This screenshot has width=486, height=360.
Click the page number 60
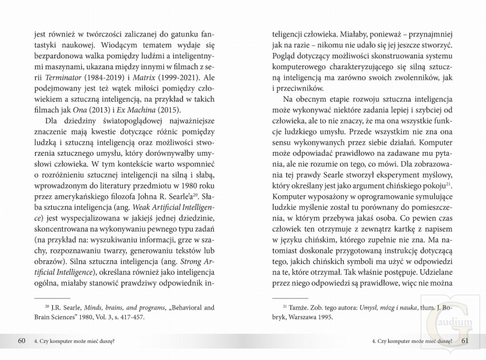coord(21,340)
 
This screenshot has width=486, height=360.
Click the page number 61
coord(465,340)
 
